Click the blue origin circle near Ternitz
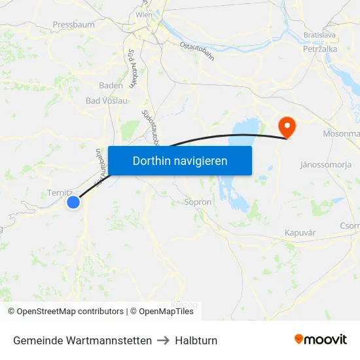tap(73, 203)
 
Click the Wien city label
tap(143, 14)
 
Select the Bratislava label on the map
tap(319, 35)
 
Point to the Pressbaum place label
tap(73, 25)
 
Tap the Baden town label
tap(111, 85)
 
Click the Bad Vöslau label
tap(107, 101)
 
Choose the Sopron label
tap(198, 202)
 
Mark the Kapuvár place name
tap(300, 233)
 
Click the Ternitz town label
tap(60, 192)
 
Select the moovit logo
tap(321, 340)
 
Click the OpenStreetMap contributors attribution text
tap(70, 312)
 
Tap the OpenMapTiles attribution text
tap(166, 312)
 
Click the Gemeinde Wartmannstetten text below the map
tap(82, 340)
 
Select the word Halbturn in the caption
tap(196, 340)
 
